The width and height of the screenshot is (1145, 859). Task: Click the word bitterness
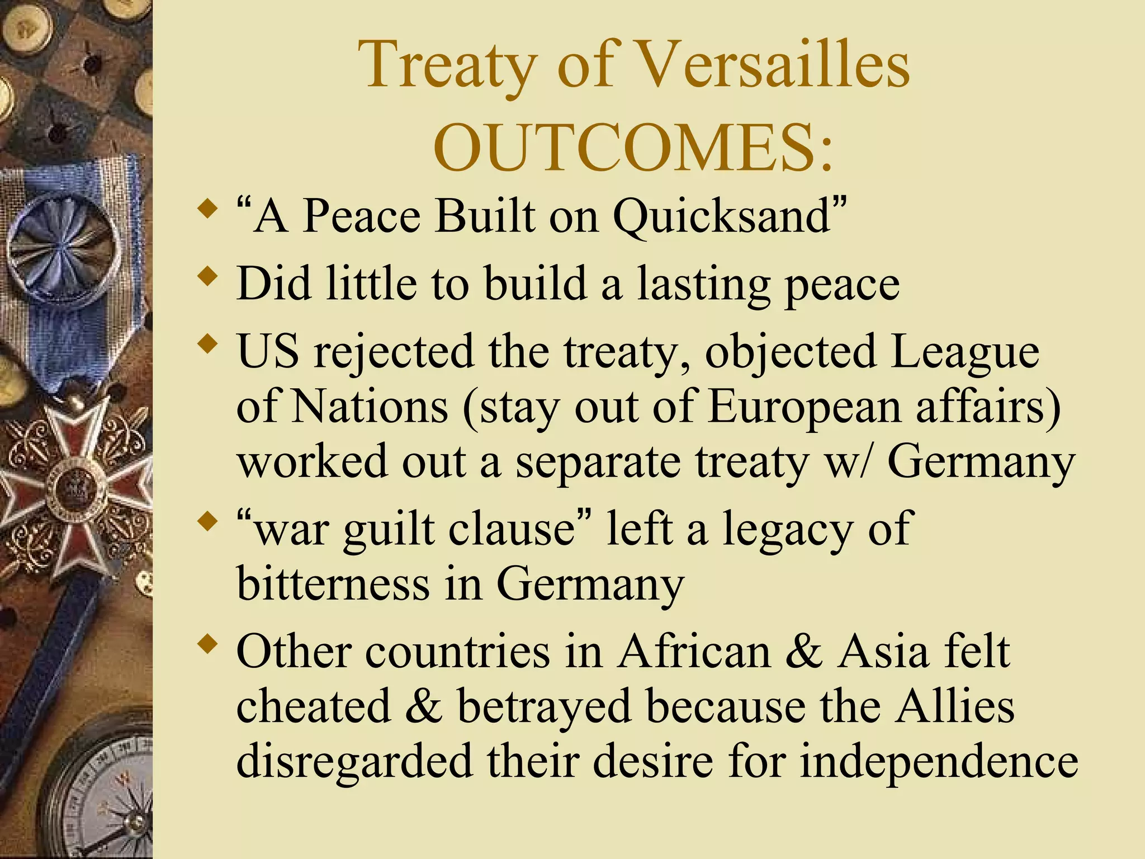333,584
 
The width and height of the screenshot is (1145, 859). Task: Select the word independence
939,762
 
